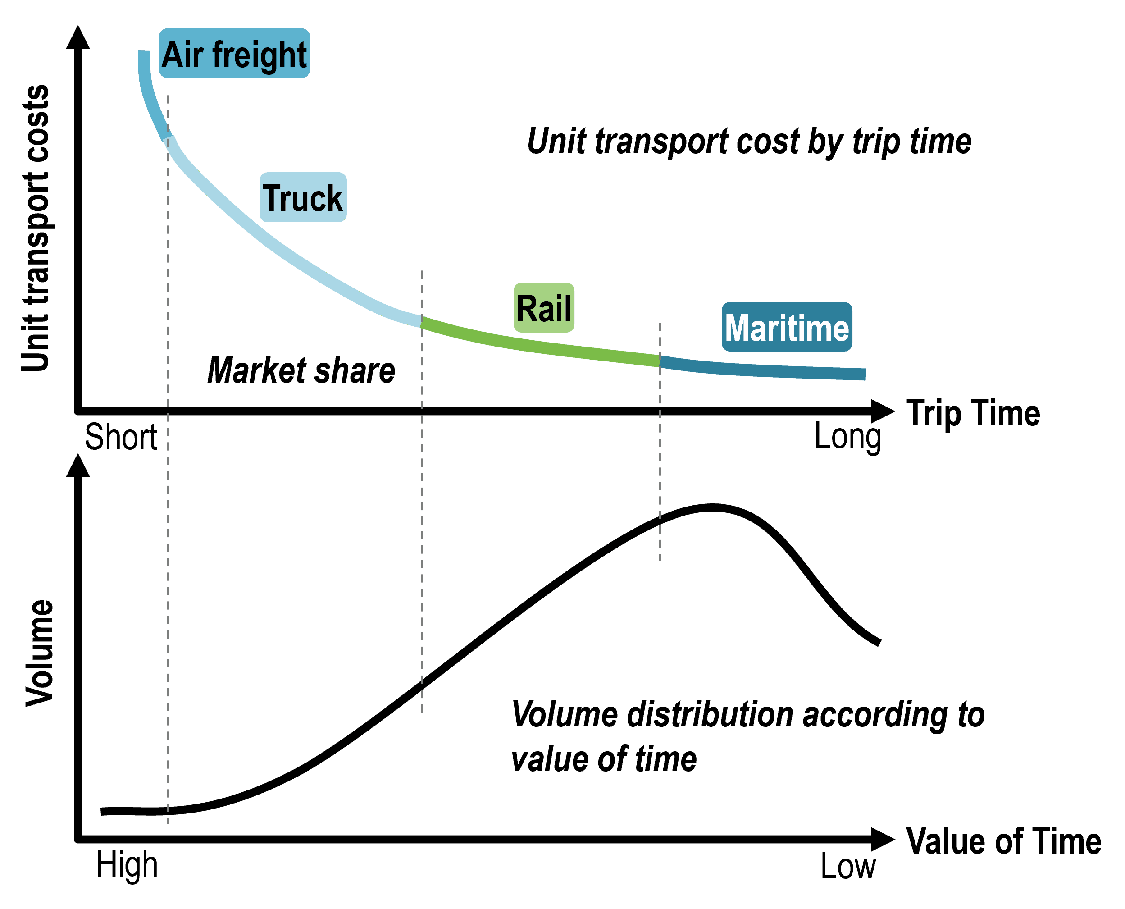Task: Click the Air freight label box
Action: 234,54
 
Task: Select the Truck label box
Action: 303,197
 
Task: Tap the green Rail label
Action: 543,308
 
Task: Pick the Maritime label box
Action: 786,327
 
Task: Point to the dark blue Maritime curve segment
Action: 759,369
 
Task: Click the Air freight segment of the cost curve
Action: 149,94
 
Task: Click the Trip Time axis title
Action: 973,413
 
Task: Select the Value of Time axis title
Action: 1003,841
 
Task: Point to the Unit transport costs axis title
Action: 36,228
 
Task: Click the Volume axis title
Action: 39,653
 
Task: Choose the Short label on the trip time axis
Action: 121,437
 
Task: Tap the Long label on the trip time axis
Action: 847,437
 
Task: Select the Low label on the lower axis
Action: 847,867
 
